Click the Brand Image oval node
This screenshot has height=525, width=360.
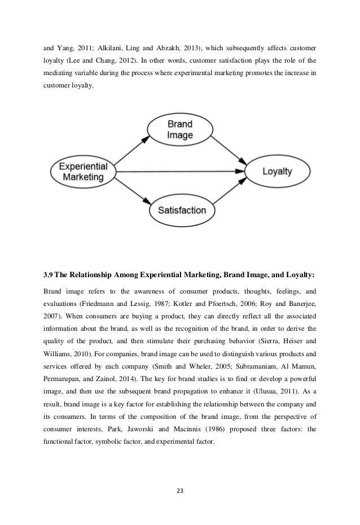tap(180, 129)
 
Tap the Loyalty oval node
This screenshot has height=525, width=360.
tap(276, 171)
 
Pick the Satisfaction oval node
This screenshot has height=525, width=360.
tap(182, 211)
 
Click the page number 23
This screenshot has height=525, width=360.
tap(180, 489)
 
